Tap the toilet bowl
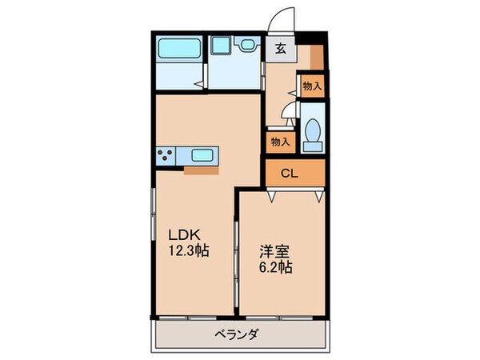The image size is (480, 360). pyautogui.click(x=313, y=133)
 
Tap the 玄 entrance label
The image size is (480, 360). pyautogui.click(x=282, y=48)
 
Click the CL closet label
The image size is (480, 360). pyautogui.click(x=290, y=173)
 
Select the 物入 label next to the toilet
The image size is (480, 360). pyautogui.click(x=279, y=142)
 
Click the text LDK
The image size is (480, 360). pyautogui.click(x=182, y=235)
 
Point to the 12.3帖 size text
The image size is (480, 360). pyautogui.click(x=189, y=250)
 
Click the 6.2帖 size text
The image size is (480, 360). pyautogui.click(x=274, y=266)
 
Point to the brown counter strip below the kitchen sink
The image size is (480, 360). pyautogui.click(x=200, y=170)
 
